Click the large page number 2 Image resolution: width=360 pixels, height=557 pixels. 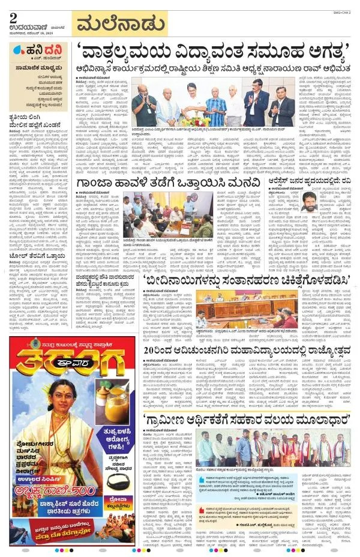pos(13,19)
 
